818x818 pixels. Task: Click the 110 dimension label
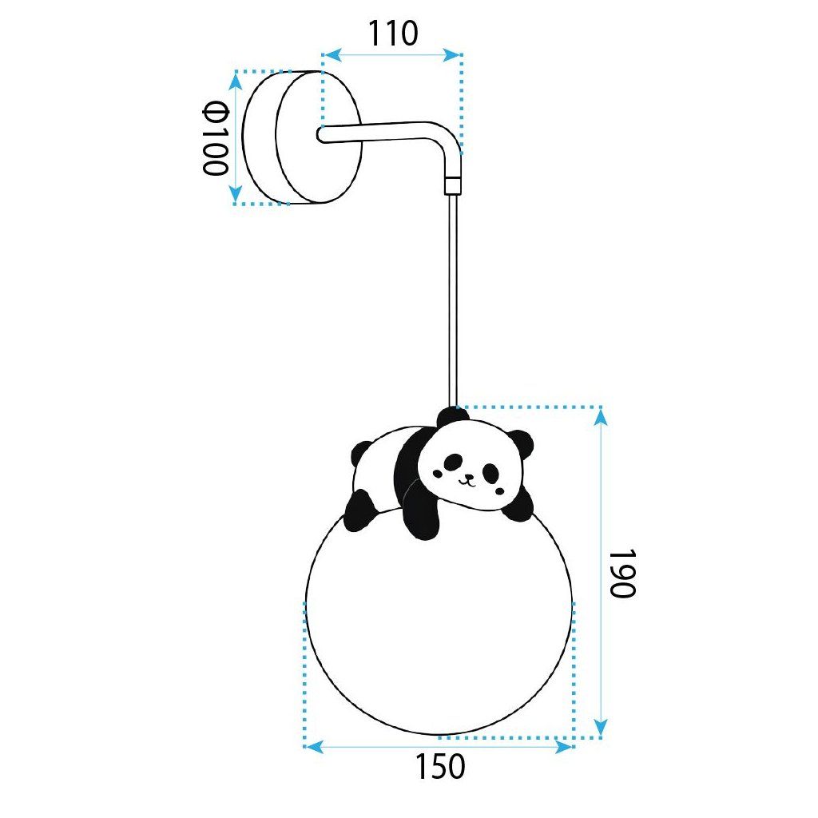393,34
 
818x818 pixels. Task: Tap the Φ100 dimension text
216,138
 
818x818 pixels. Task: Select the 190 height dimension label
621,573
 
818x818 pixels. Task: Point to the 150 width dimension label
440,767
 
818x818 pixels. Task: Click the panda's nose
469,476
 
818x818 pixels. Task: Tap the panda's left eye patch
453,461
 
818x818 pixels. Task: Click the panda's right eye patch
490,472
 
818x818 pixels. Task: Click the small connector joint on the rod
453,186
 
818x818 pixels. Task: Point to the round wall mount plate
303,137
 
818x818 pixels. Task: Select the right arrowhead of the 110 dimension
452,55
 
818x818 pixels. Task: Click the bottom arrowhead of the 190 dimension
601,727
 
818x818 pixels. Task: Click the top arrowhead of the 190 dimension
601,417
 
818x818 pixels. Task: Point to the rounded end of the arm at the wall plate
321,134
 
